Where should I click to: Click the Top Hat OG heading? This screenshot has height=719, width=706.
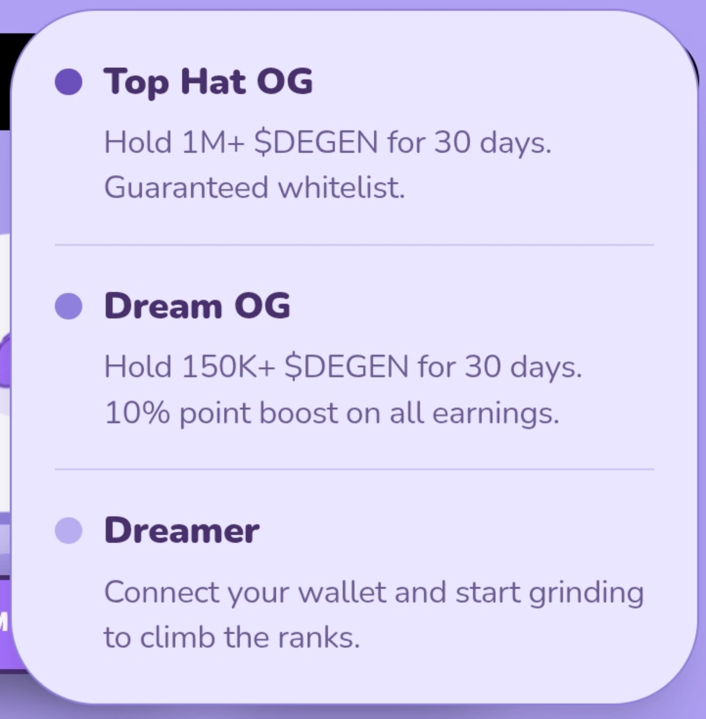click(208, 82)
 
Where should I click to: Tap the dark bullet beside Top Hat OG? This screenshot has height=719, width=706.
click(69, 82)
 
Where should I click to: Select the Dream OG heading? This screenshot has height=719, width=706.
click(197, 306)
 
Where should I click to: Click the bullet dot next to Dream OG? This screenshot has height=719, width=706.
click(69, 306)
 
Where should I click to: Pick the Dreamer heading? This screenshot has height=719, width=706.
click(182, 530)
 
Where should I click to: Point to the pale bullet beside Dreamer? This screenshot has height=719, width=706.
click(69, 530)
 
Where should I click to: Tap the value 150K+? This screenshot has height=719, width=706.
click(229, 366)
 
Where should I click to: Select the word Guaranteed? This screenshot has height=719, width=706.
click(186, 187)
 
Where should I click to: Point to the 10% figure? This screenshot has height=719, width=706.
click(137, 413)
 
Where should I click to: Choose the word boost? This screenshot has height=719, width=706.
click(299, 413)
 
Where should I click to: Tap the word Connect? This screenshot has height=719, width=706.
click(162, 592)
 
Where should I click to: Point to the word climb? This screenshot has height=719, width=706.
click(178, 637)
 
